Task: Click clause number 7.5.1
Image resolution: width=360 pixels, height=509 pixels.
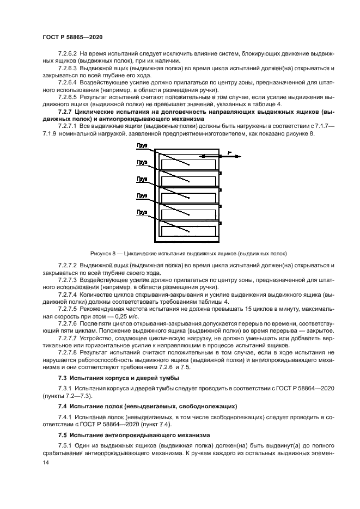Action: tap(66, 445)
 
